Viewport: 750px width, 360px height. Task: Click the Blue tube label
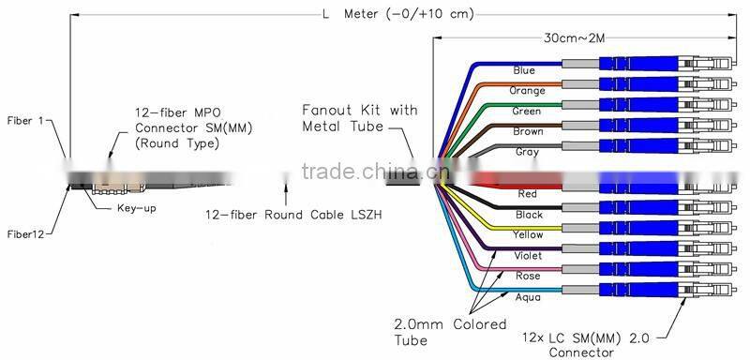pos(525,71)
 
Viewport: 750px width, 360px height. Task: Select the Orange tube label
pos(527,91)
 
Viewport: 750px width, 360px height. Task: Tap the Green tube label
pos(527,112)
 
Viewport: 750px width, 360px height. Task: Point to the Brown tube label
pos(527,132)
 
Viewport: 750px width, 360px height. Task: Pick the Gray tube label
pos(527,152)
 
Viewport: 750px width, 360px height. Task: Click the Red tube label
pos(527,194)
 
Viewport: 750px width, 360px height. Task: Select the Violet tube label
pos(527,255)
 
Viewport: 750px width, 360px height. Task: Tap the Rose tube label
pos(527,276)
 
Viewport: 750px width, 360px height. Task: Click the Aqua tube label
pos(527,295)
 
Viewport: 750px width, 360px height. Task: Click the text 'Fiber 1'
pos(25,121)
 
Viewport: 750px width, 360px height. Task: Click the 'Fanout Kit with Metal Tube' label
pos(359,117)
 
